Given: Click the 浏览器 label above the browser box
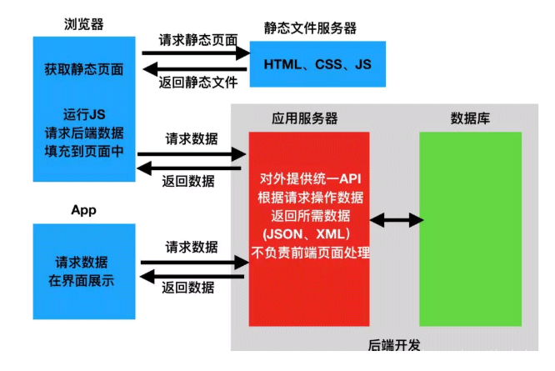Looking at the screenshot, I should pyautogui.click(x=84, y=24).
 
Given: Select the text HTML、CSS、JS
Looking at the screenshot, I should pyautogui.click(x=317, y=64).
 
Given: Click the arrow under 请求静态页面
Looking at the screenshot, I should pyautogui.click(x=196, y=53).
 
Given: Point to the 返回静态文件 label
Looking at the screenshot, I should pyautogui.click(x=197, y=82).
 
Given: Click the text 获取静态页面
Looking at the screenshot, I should pyautogui.click(x=84, y=69).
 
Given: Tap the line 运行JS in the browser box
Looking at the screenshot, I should pyautogui.click(x=84, y=113).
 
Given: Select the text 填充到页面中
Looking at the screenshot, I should pyautogui.click(x=84, y=151).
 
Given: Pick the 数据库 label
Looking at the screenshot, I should pyautogui.click(x=470, y=118).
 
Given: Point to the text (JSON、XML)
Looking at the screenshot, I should pyautogui.click(x=310, y=234).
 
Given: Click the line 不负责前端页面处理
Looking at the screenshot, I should pyautogui.click(x=310, y=253).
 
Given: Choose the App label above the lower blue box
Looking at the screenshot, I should pyautogui.click(x=83, y=210).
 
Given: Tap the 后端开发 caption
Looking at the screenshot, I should pyautogui.click(x=394, y=344).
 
